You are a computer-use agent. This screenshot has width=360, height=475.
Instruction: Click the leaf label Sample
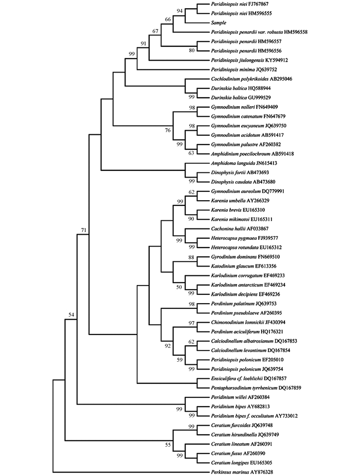[218, 23]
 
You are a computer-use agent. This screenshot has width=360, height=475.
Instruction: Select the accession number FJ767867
[258, 4]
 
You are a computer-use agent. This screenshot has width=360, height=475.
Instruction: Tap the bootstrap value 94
[180, 11]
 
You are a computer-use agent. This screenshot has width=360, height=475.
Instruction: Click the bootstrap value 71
[83, 230]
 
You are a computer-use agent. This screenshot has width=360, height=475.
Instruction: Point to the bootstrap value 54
[71, 315]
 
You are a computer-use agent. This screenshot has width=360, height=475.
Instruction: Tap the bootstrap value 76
[168, 130]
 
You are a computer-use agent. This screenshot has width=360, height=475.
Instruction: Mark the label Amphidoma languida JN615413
[244, 163]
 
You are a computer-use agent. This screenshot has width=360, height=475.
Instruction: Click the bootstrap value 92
[168, 346]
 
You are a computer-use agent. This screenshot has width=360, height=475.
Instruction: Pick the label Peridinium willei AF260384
[240, 397]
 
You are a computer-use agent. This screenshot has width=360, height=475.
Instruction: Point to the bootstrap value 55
[168, 445]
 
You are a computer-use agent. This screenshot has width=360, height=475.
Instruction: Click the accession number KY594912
[277, 60]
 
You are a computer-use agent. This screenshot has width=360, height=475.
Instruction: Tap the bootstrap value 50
[179, 287]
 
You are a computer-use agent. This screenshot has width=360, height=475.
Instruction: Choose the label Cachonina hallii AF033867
[240, 228]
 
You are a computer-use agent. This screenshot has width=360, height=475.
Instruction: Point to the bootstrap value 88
[191, 257]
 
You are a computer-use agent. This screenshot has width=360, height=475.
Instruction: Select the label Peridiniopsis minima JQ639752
[244, 69]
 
